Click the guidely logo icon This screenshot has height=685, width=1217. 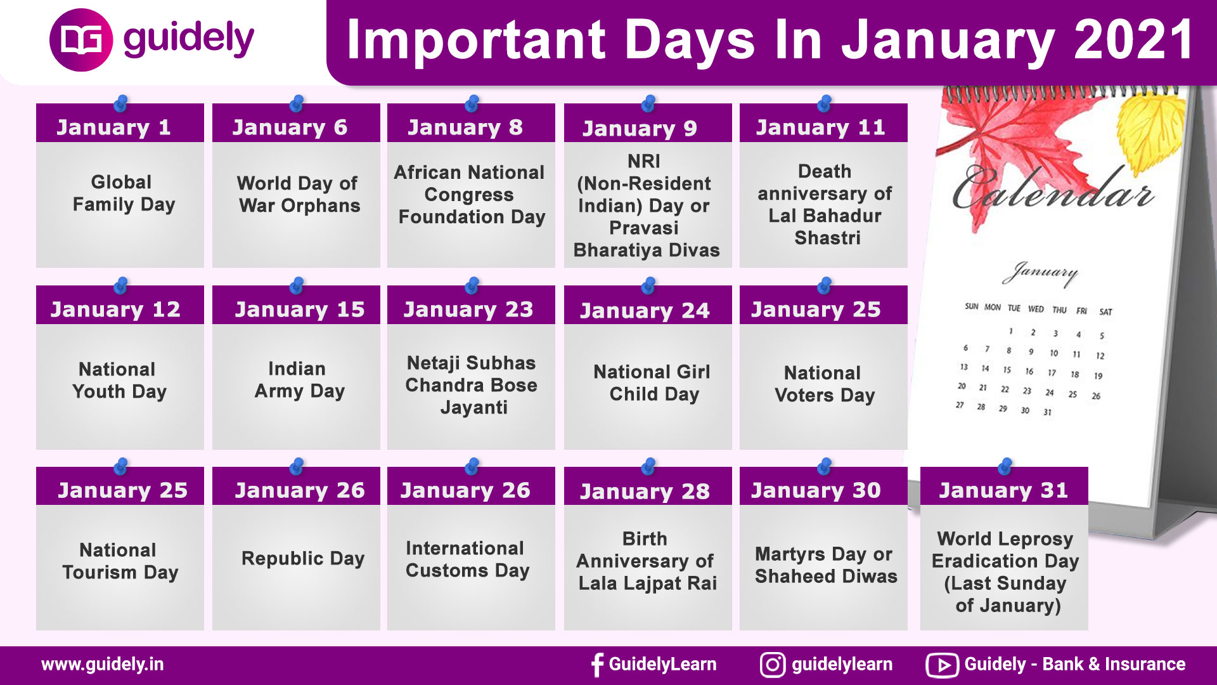[x=81, y=40]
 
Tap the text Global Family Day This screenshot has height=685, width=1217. [x=123, y=193]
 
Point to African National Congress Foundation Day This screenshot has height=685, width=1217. [x=470, y=195]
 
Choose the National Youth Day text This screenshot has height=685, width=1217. [x=119, y=381]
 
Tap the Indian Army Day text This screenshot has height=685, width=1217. [x=299, y=380]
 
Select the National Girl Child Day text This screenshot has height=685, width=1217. [x=652, y=383]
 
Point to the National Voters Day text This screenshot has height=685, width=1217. [x=824, y=384]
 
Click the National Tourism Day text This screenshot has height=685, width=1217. [x=120, y=561]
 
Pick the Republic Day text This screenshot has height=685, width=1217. [x=303, y=559]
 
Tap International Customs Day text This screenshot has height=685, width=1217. [x=467, y=559]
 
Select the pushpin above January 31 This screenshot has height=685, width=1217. [x=1005, y=467]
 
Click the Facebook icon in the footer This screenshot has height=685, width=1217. [x=596, y=665]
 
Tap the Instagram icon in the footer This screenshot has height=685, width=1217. [x=773, y=665]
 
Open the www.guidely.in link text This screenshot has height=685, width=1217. [x=102, y=665]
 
